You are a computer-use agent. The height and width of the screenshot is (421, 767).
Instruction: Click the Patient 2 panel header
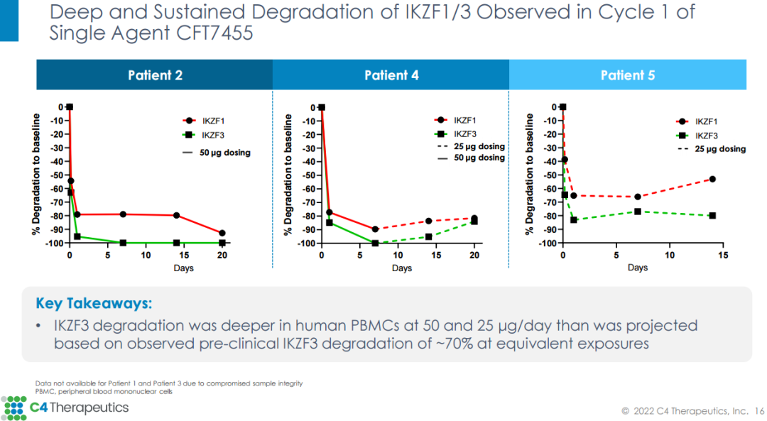point(155,75)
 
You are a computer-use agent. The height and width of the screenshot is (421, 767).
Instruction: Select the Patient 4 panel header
point(391,75)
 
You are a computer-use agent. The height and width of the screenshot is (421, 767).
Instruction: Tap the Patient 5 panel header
point(628,75)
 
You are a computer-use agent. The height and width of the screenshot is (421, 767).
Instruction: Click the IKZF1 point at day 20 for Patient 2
point(222,233)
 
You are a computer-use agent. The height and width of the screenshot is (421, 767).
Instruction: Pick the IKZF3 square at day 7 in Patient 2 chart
point(123,243)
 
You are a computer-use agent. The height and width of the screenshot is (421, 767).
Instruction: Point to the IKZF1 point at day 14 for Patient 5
point(712,179)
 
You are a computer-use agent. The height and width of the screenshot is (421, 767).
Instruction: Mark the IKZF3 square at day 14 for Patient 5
point(712,215)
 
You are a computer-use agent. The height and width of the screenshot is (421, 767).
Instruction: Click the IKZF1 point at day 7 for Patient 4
point(375,229)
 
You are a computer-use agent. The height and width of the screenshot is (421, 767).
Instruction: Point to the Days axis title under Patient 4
point(401,268)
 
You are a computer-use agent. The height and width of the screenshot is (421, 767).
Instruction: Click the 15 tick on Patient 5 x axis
point(723,256)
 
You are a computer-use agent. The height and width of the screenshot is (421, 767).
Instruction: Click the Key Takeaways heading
point(94,304)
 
